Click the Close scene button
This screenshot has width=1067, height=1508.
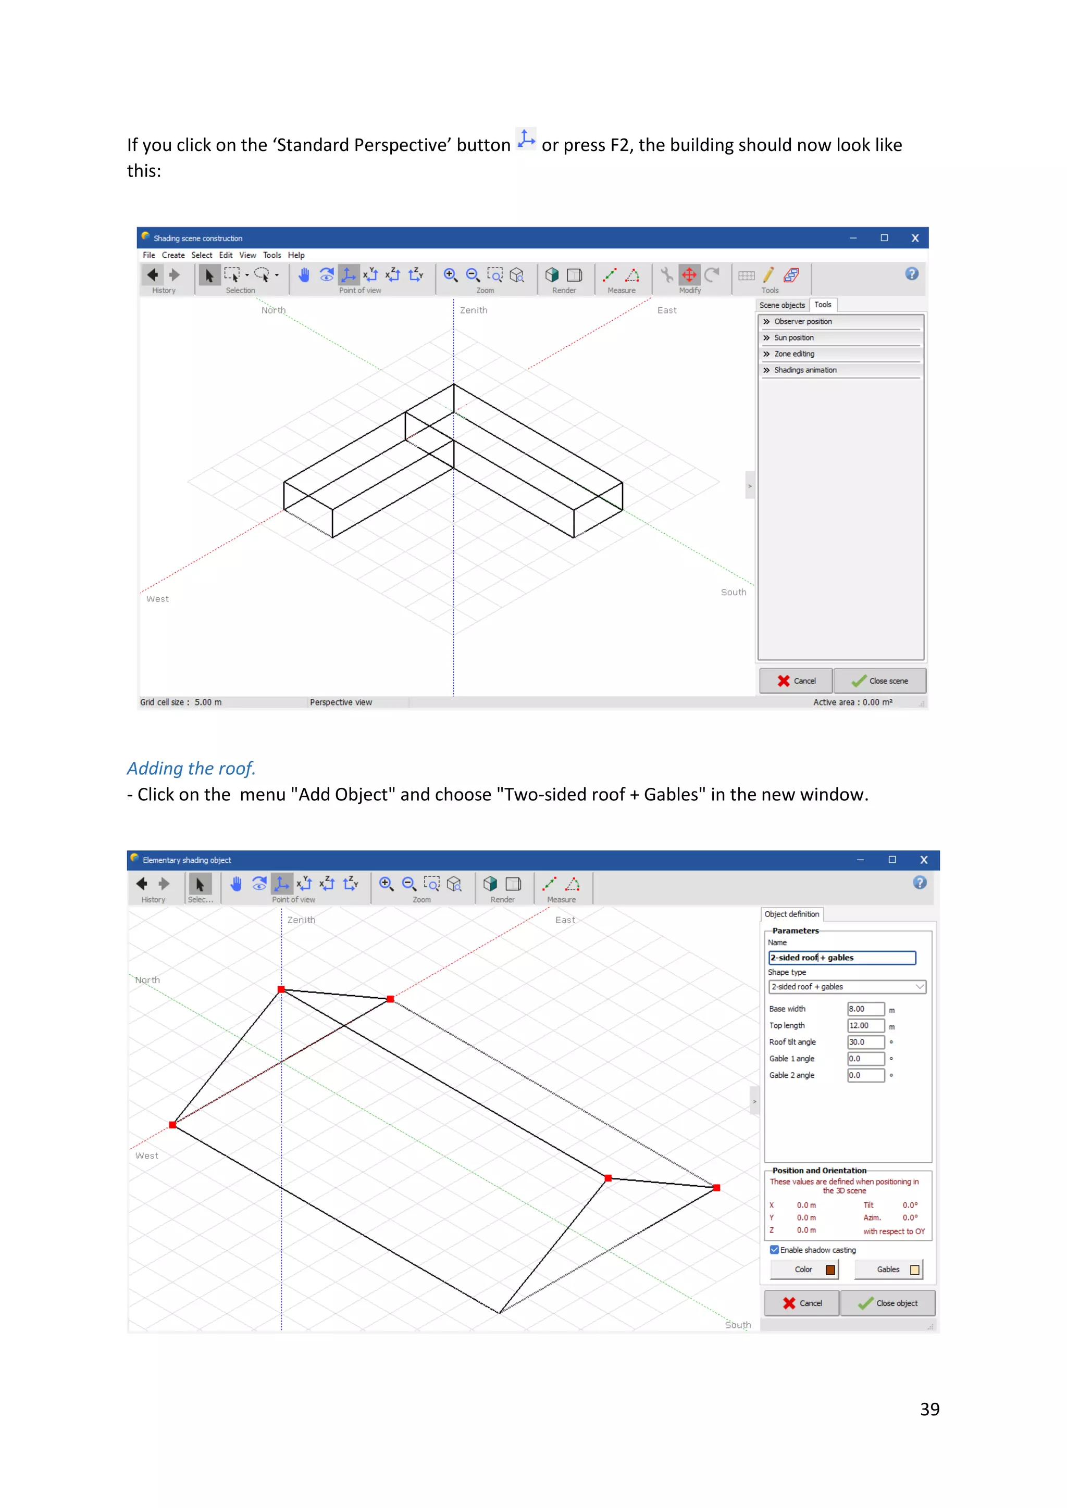tap(880, 681)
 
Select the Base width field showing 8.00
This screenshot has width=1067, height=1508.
tap(865, 1009)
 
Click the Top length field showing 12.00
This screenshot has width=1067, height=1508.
tap(865, 1025)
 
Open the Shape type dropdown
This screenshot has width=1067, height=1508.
tap(847, 987)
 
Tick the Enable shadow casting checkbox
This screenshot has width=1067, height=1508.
tap(775, 1250)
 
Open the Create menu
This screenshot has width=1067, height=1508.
tap(173, 255)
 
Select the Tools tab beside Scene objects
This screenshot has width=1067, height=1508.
tap(823, 305)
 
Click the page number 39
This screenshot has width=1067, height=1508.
tap(929, 1409)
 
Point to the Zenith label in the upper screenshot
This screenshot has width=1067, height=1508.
tap(473, 310)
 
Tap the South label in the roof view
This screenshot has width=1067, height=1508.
tap(738, 1325)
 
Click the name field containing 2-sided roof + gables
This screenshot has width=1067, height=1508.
tap(841, 958)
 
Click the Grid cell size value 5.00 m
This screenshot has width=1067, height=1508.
tap(208, 702)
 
